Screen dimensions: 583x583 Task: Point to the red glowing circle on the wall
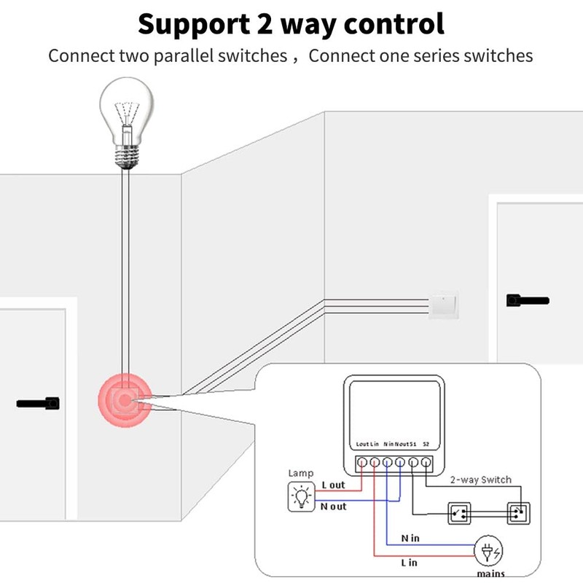[125, 400]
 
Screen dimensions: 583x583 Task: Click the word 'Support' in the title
[192, 24]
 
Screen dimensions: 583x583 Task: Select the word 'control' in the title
[391, 24]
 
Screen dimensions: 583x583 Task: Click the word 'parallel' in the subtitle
[184, 56]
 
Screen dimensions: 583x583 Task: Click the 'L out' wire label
[334, 485]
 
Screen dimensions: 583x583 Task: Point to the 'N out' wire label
[334, 506]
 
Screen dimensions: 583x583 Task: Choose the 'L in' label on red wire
[410, 563]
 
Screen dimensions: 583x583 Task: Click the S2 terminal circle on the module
[427, 462]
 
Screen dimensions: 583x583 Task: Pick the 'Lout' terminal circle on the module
[361, 462]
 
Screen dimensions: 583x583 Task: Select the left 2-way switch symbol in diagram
[460, 513]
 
